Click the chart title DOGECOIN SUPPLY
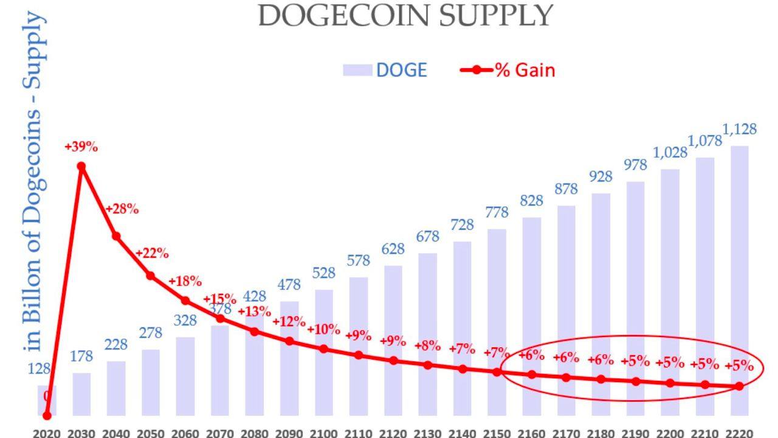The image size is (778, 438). (405, 16)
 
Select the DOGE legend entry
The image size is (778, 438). (385, 70)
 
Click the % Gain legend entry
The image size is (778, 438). (508, 70)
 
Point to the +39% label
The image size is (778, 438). (81, 147)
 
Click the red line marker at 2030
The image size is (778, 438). (81, 166)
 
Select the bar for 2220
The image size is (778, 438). (739, 280)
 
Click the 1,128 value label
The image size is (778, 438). (739, 129)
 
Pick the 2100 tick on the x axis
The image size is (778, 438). (323, 433)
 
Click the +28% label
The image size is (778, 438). (122, 209)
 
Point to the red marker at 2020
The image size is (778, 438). (47, 415)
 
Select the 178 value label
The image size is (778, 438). (81, 356)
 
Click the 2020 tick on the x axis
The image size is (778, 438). (47, 433)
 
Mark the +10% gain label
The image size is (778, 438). (323, 330)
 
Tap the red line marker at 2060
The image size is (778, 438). (185, 301)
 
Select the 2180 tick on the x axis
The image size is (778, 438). (601, 433)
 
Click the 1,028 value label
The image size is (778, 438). (670, 153)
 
